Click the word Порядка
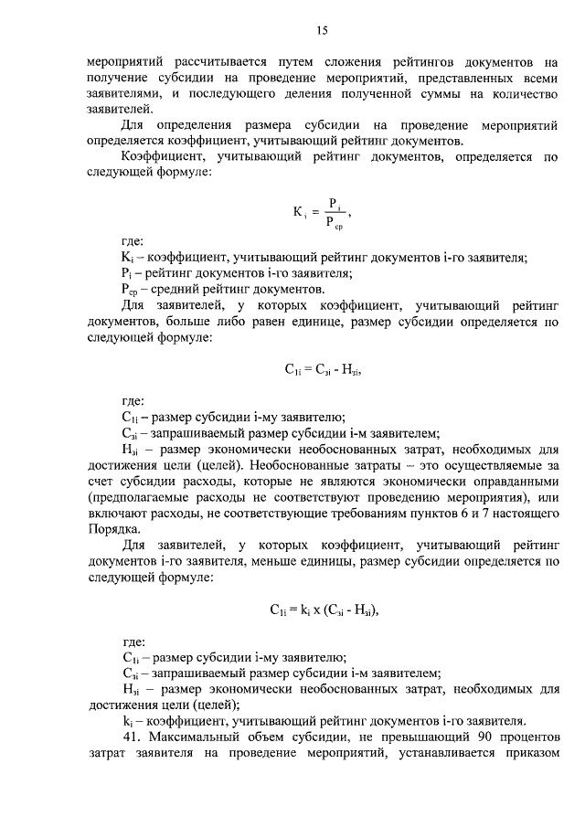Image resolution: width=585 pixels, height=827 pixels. (x=113, y=529)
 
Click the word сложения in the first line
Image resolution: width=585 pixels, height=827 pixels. (x=317, y=63)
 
